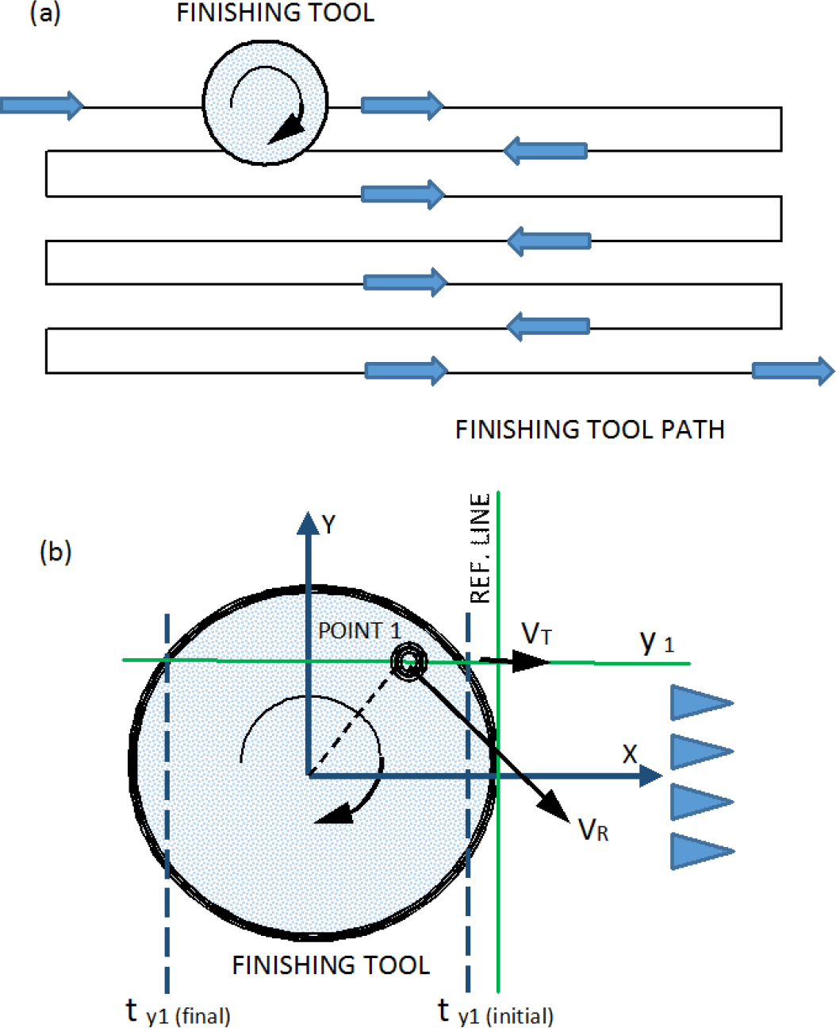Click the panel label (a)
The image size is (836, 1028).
pos(45,13)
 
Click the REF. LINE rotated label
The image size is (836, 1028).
pos(480,548)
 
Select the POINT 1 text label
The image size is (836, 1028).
pos(359,631)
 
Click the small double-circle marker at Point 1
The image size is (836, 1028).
pos(408,662)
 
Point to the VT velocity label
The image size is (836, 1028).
pos(536,633)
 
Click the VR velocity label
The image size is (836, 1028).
pos(593,830)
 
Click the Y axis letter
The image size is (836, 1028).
pos(328,524)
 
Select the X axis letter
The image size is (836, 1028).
pos(630,754)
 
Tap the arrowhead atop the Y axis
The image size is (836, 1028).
pos(308,524)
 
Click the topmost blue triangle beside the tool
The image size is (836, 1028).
pos(702,703)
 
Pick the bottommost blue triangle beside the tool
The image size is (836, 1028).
pos(702,851)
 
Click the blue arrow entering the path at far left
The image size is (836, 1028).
pos(42,106)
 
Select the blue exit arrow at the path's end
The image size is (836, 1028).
pos(793,371)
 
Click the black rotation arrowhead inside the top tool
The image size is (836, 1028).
pos(288,129)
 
